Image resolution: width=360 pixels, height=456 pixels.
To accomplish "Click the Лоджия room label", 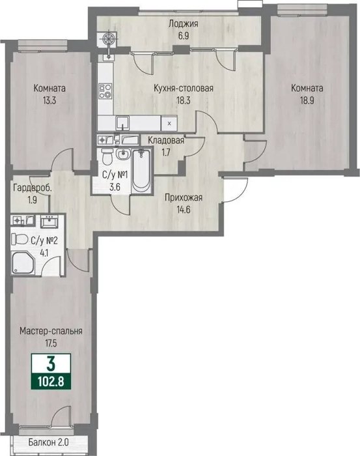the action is pyautogui.click(x=184, y=23).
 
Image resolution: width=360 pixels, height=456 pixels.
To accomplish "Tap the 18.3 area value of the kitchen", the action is pyautogui.click(x=184, y=100).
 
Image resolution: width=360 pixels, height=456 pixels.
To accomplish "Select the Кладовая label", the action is pyautogui.click(x=166, y=141).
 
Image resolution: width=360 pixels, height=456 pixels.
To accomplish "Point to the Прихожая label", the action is pyautogui.click(x=184, y=198).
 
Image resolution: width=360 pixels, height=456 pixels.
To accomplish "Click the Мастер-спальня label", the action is pyautogui.click(x=51, y=331).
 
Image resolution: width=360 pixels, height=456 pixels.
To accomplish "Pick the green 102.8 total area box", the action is pyautogui.click(x=51, y=381).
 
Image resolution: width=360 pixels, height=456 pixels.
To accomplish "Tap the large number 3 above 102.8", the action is pyautogui.click(x=51, y=364).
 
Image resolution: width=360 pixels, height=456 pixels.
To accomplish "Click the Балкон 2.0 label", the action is pyautogui.click(x=49, y=442).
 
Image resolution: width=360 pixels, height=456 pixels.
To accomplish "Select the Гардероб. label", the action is pyautogui.click(x=33, y=188).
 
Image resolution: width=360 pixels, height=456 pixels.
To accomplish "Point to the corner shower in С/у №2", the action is pyautogui.click(x=23, y=263).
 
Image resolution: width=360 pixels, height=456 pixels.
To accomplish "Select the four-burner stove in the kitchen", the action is pyautogui.click(x=105, y=91).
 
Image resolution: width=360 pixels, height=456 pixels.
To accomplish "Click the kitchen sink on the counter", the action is pyautogui.click(x=123, y=123).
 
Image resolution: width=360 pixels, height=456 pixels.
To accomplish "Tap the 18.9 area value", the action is pyautogui.click(x=307, y=100).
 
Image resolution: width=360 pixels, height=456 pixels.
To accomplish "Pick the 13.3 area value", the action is pyautogui.click(x=49, y=100).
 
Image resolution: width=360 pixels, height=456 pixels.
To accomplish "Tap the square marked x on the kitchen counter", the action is pyautogui.click(x=169, y=123).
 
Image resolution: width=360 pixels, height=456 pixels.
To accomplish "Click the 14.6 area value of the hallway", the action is pyautogui.click(x=184, y=209).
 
